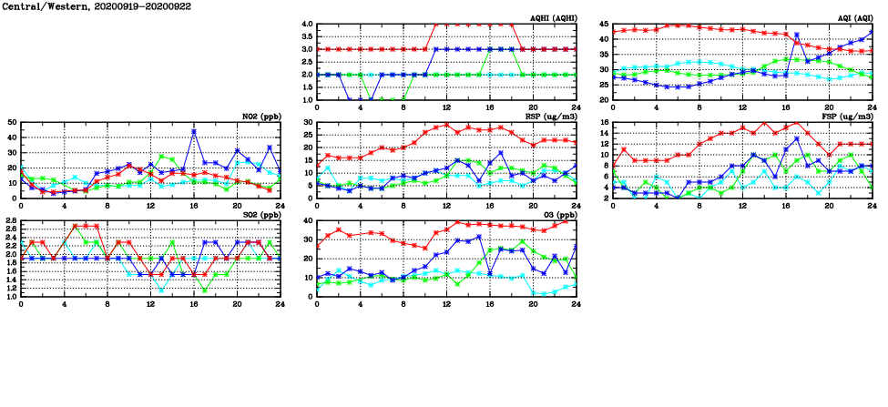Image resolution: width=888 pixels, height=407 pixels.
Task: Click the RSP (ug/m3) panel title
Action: click(553, 116)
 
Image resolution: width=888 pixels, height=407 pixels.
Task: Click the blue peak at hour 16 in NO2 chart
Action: click(194, 131)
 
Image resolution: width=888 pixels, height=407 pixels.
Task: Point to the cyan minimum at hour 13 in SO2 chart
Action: click(162, 290)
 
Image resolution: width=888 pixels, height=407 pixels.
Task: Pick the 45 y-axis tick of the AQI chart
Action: click(604, 25)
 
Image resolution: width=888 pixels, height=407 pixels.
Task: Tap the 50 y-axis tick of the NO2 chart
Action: click(12, 122)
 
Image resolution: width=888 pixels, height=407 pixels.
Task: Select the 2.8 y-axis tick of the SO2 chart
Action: click(10, 220)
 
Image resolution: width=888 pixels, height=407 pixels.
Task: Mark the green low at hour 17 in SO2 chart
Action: click(205, 290)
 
